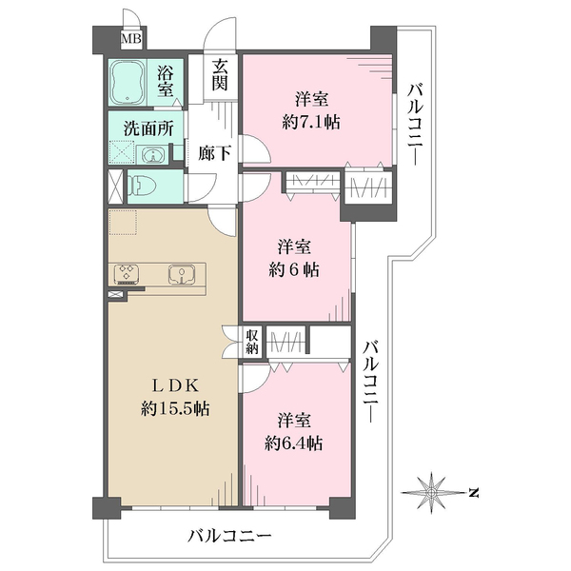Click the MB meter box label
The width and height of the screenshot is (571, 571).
[130, 39]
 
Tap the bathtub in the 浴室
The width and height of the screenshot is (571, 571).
[128, 83]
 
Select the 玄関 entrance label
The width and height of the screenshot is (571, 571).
[221, 75]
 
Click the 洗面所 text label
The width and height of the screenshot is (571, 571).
[148, 128]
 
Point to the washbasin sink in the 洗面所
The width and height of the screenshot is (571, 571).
[153, 155]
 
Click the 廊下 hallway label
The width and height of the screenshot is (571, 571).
[214, 153]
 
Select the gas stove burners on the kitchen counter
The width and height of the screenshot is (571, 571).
[126, 273]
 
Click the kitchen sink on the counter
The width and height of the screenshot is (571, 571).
[182, 274]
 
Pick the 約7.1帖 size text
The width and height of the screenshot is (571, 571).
[311, 123]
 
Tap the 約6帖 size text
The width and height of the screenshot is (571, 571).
[294, 270]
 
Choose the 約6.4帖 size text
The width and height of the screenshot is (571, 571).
[293, 443]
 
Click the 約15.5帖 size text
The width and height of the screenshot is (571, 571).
[175, 408]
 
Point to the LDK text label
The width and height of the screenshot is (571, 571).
[175, 386]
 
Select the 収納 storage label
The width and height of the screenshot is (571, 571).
[251, 342]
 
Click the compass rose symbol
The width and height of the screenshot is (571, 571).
[431, 493]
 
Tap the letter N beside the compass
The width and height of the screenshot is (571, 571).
[473, 493]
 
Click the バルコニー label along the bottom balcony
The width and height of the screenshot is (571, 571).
[229, 536]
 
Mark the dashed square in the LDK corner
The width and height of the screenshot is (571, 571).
[123, 223]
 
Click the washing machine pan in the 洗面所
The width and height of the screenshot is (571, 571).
[121, 152]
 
